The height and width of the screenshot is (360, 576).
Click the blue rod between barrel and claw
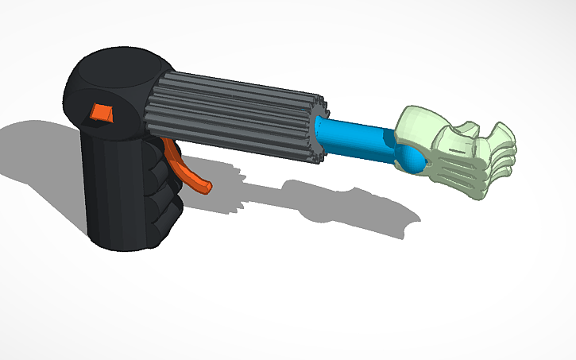point(358,137)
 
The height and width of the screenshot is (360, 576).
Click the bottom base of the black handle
point(123,242)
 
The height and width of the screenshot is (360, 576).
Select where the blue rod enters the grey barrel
point(323,127)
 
